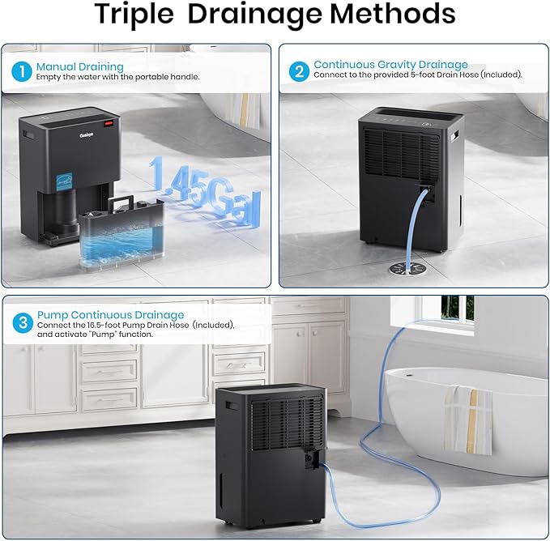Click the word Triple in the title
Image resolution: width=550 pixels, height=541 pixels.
[x=134, y=14]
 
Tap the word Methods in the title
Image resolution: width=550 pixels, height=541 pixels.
[x=393, y=14]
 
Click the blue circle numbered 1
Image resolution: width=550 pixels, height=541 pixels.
[x=22, y=72]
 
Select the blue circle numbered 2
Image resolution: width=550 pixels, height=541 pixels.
[x=299, y=71]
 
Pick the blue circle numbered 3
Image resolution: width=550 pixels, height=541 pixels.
[x=23, y=322]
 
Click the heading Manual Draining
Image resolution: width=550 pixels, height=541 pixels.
[x=80, y=66]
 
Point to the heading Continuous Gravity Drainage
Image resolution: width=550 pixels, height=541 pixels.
[x=390, y=65]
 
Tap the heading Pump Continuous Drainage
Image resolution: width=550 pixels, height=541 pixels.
[x=110, y=315]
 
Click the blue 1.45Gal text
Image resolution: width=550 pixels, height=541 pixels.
[x=205, y=191]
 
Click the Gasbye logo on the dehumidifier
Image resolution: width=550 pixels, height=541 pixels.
[x=87, y=135]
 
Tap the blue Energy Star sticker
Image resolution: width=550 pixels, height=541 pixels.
[x=64, y=181]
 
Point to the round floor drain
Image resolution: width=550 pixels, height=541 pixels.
[x=407, y=269]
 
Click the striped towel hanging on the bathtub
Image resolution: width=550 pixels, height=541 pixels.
[x=468, y=420]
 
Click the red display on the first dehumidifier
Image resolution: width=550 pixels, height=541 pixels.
[x=108, y=123]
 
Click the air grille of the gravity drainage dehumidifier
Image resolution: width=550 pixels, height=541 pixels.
[x=401, y=153]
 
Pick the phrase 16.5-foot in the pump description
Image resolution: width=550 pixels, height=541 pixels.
[x=104, y=325]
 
